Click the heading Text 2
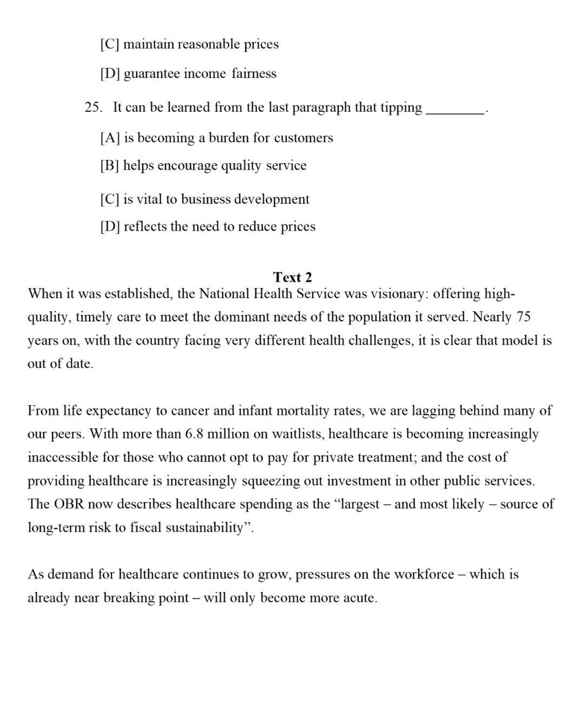[x=293, y=277]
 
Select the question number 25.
[x=92, y=108]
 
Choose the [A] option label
[x=110, y=138]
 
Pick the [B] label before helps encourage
[x=110, y=165]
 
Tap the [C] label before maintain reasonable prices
[x=110, y=44]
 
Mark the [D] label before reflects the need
[x=110, y=226]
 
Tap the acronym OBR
[x=68, y=504]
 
